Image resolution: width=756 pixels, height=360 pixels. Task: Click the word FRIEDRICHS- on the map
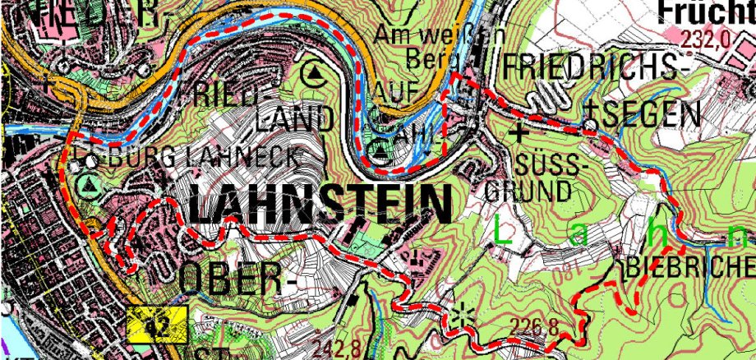tap(592, 68)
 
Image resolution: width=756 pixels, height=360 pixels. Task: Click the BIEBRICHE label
tap(689, 266)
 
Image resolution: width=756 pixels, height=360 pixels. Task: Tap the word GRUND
tap(528, 192)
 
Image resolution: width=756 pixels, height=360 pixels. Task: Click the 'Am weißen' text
tap(427, 35)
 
